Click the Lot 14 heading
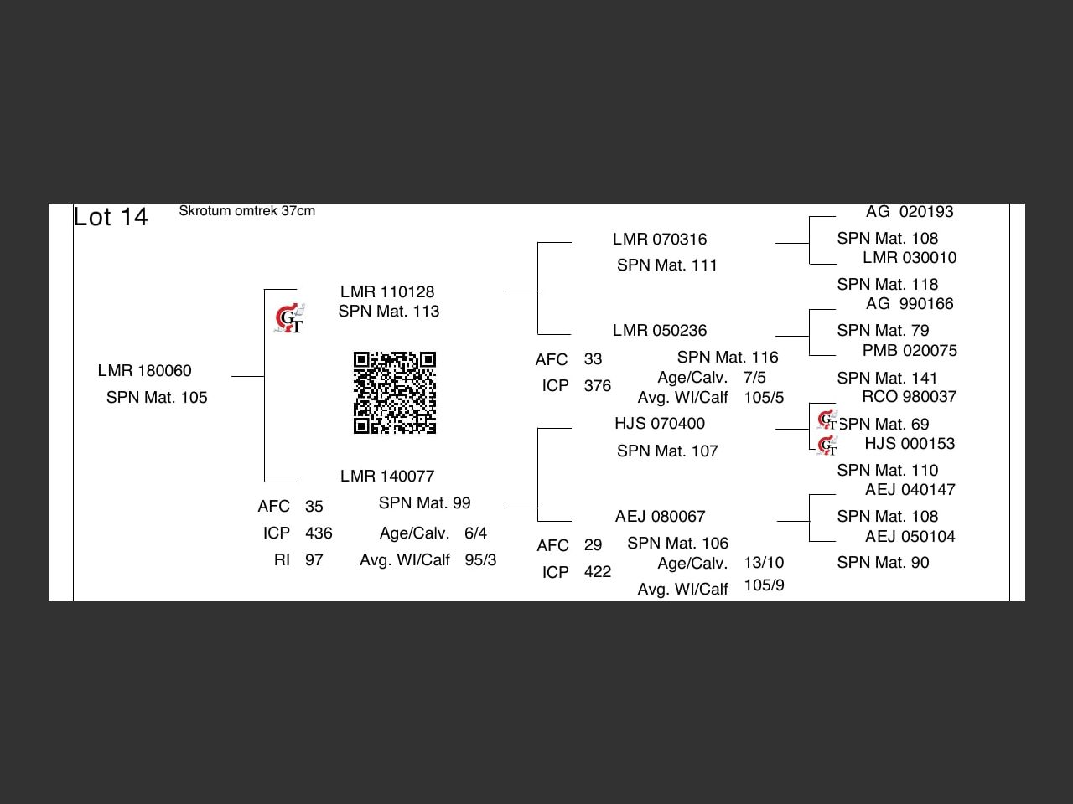(111, 217)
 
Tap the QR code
(395, 393)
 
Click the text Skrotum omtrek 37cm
(246, 211)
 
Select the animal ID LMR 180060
(144, 371)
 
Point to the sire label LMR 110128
(387, 291)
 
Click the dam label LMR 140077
(387, 477)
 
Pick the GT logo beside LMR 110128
(290, 319)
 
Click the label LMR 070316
(660, 240)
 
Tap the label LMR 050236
(660, 331)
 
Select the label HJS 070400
(660, 424)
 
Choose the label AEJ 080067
(661, 517)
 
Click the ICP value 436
(319, 533)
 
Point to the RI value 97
(314, 560)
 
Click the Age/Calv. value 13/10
(764, 563)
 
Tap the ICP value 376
(598, 386)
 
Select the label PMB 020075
(910, 351)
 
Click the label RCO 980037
(910, 397)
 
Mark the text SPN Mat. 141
(887, 379)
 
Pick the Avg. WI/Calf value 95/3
(480, 560)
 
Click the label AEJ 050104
(910, 537)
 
